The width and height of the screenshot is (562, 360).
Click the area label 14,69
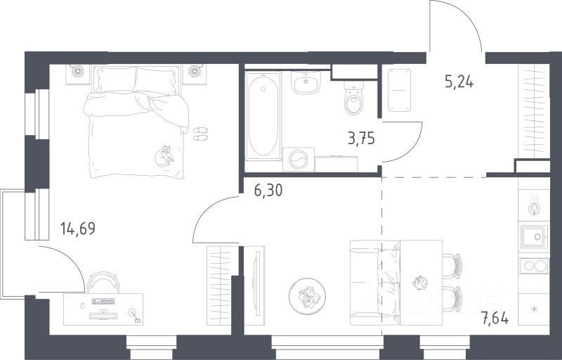tap(78, 229)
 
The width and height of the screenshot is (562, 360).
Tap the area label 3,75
tap(361, 138)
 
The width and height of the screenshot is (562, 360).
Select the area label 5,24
tap(459, 82)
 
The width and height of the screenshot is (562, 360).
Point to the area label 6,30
tap(268, 191)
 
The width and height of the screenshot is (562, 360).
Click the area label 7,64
tap(495, 318)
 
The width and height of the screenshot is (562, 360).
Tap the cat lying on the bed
tap(164, 156)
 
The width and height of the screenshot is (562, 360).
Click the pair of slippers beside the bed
tap(200, 134)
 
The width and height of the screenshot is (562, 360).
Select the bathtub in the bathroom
tap(263, 116)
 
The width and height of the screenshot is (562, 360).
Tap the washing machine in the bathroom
tap(299, 159)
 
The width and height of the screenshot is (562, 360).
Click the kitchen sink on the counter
tap(534, 236)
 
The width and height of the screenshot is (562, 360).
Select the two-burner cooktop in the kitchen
tap(534, 266)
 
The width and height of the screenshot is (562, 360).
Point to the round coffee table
tap(307, 296)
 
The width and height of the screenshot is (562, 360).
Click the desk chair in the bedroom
tap(103, 282)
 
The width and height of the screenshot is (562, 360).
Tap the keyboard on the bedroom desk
tap(103, 301)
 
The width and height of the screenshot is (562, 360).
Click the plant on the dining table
tap(419, 283)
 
